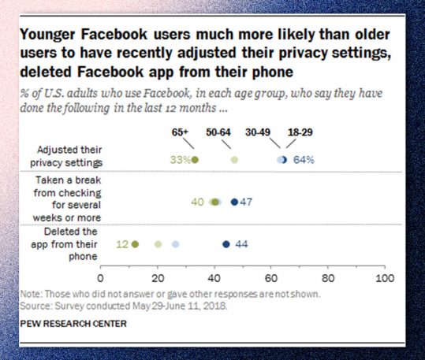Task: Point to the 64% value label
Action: pos(304,159)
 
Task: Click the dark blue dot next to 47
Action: pos(234,202)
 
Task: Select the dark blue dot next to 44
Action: pos(226,244)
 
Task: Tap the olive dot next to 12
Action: pos(135,244)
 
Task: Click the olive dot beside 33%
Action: pos(195,159)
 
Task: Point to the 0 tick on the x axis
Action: pos(100,279)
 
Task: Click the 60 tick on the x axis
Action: pos(271,279)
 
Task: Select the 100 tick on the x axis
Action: pos(385,279)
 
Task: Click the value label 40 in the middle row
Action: pos(198,202)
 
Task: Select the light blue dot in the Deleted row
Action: pos(176,244)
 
